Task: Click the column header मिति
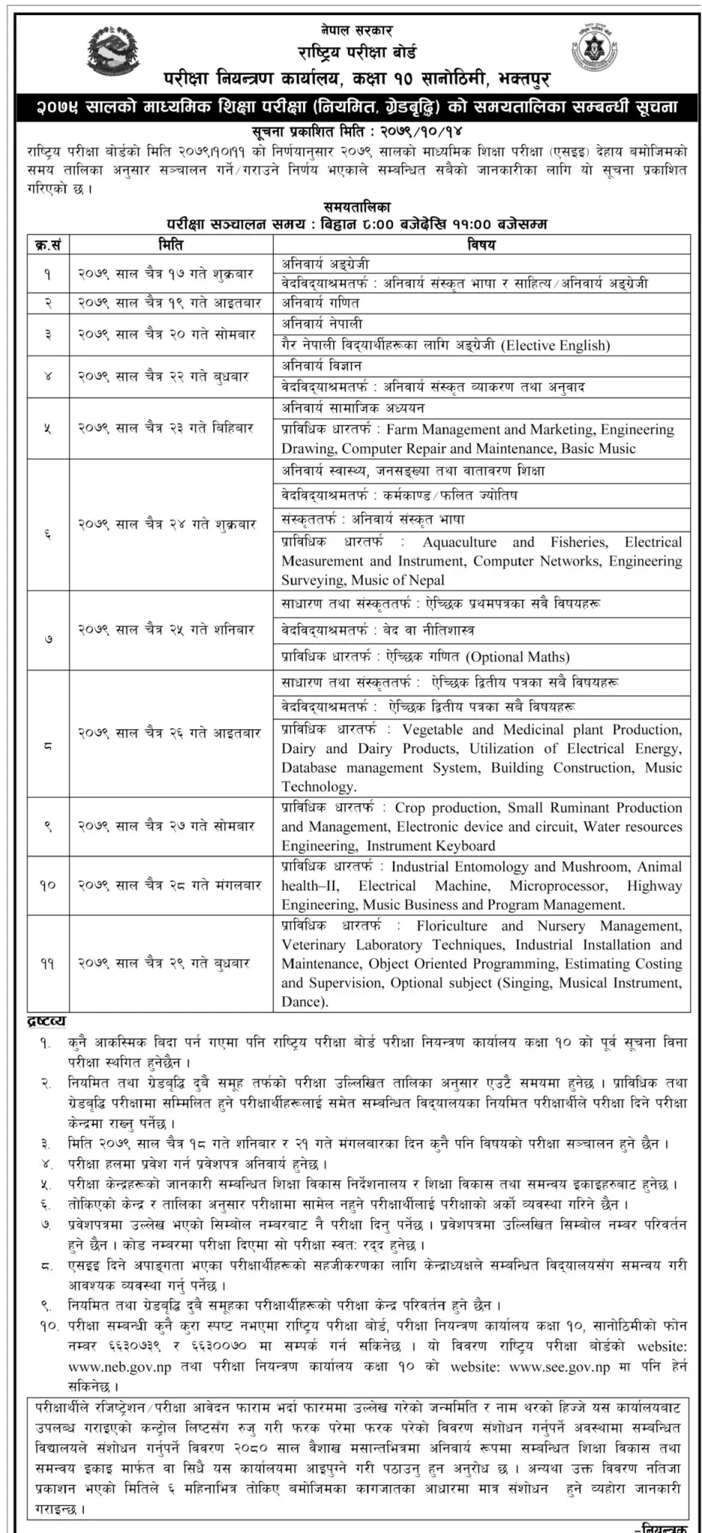click(171, 244)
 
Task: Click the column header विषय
click(481, 244)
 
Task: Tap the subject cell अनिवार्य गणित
click(321, 302)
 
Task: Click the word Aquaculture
click(459, 542)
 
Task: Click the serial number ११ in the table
click(47, 963)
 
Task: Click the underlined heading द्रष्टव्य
click(46, 1021)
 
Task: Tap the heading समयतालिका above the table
click(357, 207)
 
